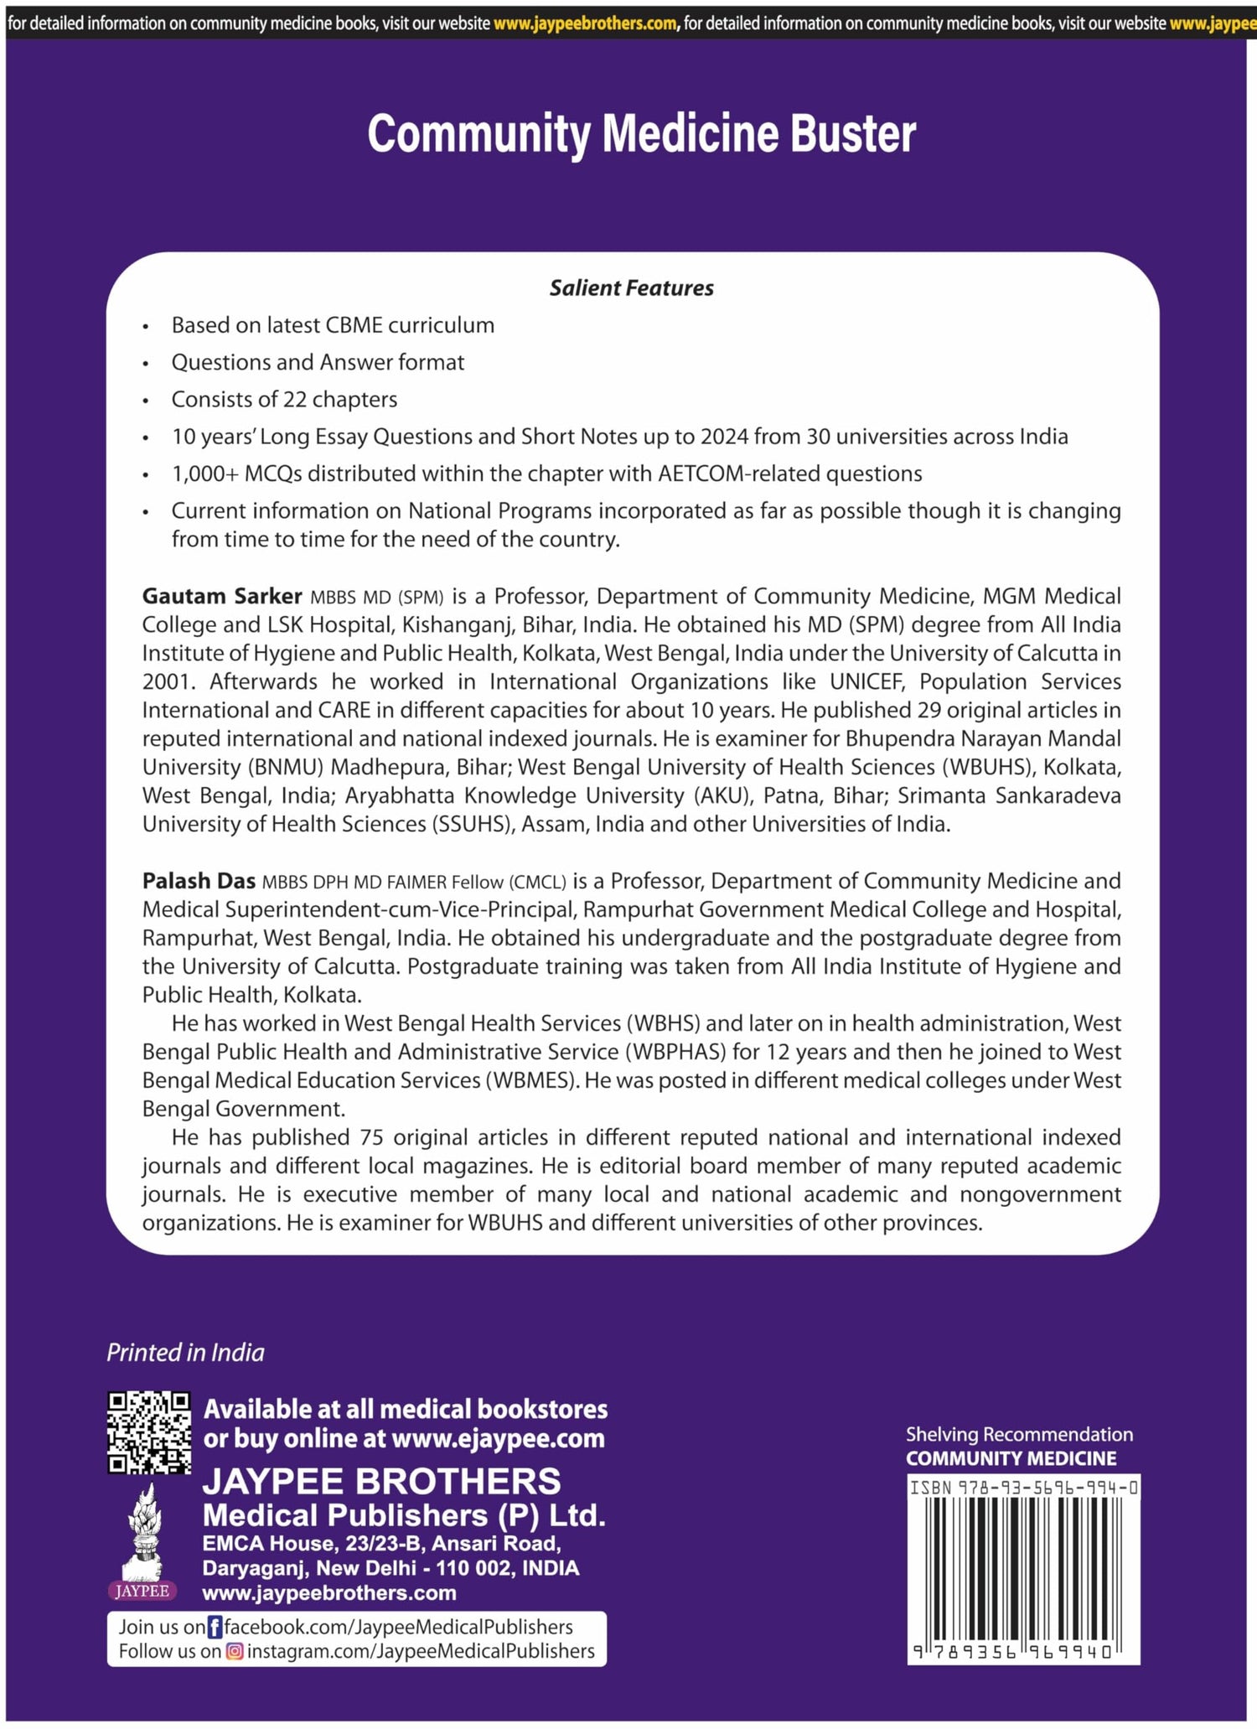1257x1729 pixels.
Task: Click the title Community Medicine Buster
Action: click(x=641, y=134)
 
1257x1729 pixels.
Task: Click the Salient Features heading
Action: click(x=631, y=287)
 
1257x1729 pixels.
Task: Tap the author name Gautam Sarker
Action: click(x=221, y=596)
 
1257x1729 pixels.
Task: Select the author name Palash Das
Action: click(x=199, y=881)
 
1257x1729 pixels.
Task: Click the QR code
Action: click(x=149, y=1432)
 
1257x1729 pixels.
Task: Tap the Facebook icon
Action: click(x=215, y=1627)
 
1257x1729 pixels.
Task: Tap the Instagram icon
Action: click(x=235, y=1651)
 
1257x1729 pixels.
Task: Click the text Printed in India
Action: click(x=185, y=1352)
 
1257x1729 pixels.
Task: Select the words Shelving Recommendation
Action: click(x=1019, y=1434)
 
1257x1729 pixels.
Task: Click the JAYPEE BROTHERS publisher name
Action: click(x=381, y=1481)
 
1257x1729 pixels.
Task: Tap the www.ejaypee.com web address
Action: click(x=498, y=1438)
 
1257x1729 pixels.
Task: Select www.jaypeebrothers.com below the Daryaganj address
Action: click(x=329, y=1592)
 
